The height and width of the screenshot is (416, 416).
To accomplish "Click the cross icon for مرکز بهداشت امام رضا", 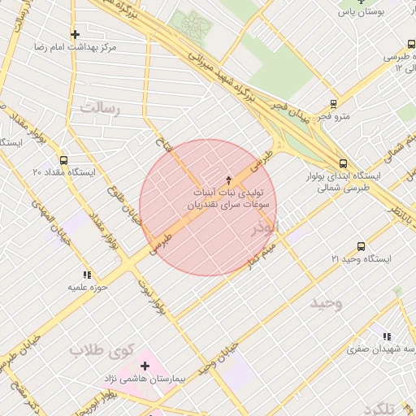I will tap(76, 34).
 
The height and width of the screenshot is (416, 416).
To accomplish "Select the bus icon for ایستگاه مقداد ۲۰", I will tap(64, 160).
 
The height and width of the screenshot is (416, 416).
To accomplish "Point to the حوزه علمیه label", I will tap(83, 287).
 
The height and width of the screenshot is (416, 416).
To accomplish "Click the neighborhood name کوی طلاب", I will tap(100, 350).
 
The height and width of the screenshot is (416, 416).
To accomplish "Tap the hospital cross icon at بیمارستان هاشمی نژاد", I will tap(145, 366).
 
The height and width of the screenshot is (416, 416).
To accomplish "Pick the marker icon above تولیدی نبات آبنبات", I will tap(228, 179).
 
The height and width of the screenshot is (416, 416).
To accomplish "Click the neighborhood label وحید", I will tap(327, 302).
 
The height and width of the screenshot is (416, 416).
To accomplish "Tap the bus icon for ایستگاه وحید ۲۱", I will tap(361, 246).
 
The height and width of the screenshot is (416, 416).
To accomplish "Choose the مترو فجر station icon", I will tap(333, 104).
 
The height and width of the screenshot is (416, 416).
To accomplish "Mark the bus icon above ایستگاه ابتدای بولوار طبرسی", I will tap(343, 162).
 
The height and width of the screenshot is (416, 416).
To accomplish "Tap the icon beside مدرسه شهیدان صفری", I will tap(387, 336).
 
